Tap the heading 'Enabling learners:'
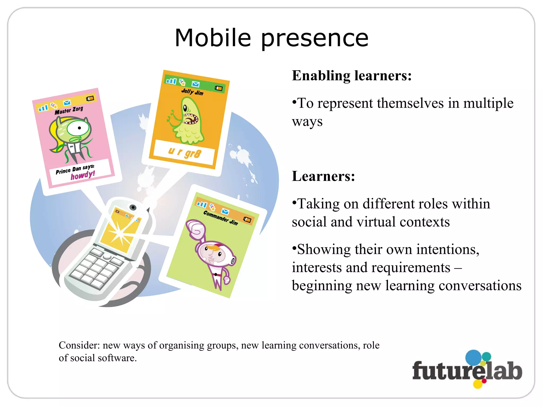pos(352,76)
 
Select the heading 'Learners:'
pos(323,176)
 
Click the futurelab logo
pos(467,370)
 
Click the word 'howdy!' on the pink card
pos(83,175)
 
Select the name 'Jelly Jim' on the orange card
pos(192,92)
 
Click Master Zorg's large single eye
pos(78,128)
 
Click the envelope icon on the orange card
pos(195,84)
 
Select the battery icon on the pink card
pos(90,99)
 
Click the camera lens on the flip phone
pos(133,207)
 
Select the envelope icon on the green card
pos(225,211)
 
